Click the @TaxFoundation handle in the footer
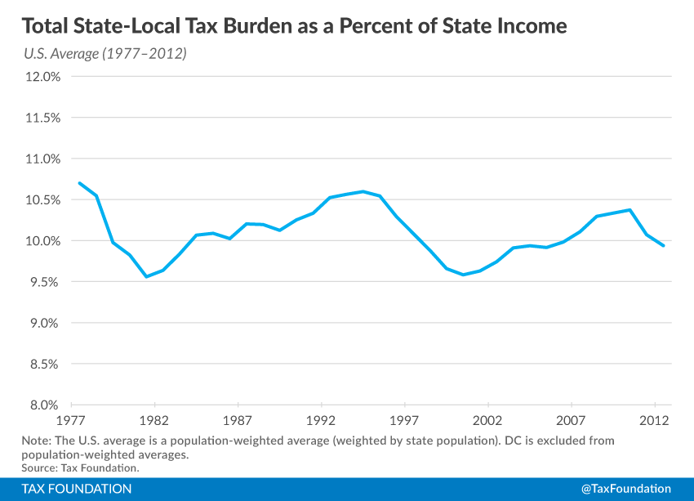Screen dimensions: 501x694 pos(625,489)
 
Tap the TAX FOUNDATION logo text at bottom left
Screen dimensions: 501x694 pos(78,489)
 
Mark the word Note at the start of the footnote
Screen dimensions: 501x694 pos(36,441)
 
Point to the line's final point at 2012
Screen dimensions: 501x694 pos(664,245)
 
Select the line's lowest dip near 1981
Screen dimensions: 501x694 pos(146,276)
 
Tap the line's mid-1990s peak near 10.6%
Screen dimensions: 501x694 pos(363,191)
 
